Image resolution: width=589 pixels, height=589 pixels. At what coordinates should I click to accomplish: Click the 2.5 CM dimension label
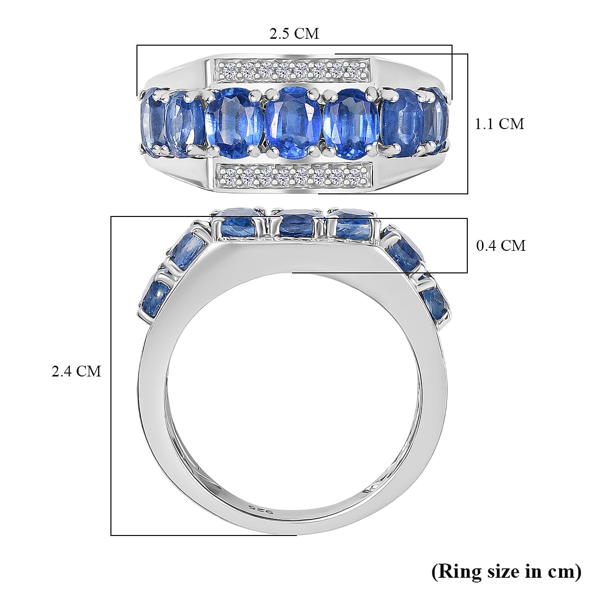[x=294, y=33]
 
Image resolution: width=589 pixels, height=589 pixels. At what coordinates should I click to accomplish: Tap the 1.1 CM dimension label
[x=499, y=124]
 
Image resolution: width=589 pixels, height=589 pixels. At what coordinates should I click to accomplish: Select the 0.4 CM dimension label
[x=501, y=245]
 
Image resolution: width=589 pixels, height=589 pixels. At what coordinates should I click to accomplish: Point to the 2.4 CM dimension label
[x=77, y=371]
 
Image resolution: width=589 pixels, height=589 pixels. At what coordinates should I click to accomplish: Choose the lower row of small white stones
[x=294, y=173]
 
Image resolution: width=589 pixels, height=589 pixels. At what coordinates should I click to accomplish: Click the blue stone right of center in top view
[x=351, y=118]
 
